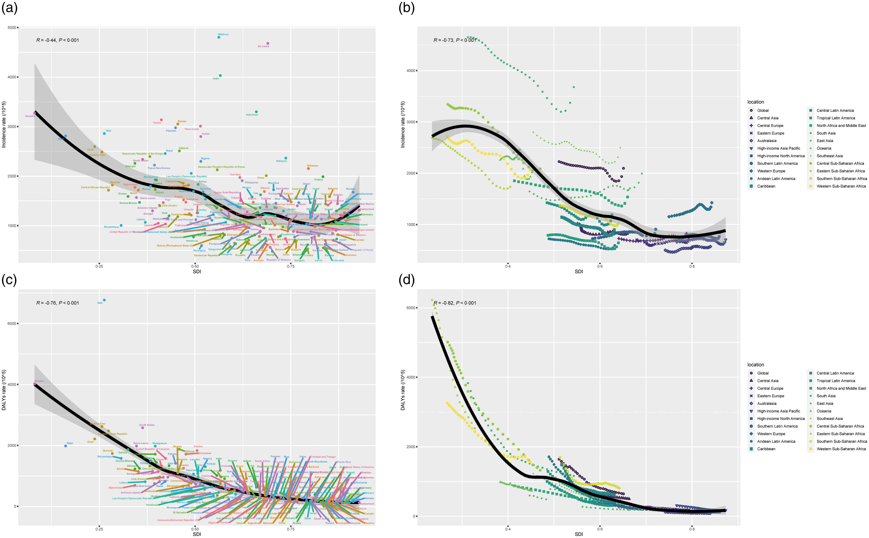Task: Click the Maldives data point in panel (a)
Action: [219, 37]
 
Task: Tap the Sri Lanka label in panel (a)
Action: [263, 46]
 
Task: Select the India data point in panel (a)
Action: [220, 75]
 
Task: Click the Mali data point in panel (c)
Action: [104, 300]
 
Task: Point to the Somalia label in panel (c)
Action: [39, 381]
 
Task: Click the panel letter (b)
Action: [406, 8]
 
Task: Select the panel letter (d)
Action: [406, 280]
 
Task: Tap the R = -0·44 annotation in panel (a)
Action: [58, 40]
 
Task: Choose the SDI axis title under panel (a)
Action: [197, 272]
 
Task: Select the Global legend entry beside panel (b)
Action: [763, 110]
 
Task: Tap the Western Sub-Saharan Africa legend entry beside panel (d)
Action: [841, 449]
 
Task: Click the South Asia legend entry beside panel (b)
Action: [826, 133]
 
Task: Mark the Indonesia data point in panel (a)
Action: [256, 112]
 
